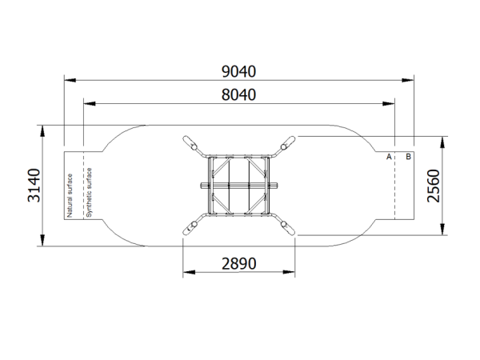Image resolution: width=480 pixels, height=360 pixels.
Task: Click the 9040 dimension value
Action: coord(238,71)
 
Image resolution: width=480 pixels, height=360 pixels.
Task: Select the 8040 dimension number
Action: coord(238,95)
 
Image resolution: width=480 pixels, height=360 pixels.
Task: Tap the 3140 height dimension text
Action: coord(34,186)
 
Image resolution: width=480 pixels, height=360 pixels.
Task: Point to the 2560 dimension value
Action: coord(434,186)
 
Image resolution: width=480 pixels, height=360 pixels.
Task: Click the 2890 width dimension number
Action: coord(238,263)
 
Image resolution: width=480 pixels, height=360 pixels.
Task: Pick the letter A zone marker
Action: coord(389,157)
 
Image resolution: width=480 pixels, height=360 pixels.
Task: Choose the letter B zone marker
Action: coord(408,157)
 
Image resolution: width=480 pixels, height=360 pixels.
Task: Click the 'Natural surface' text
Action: coord(70,196)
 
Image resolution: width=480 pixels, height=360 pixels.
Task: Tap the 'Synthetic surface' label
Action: coord(89,193)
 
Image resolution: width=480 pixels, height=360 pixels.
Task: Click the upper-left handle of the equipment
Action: coord(190,143)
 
